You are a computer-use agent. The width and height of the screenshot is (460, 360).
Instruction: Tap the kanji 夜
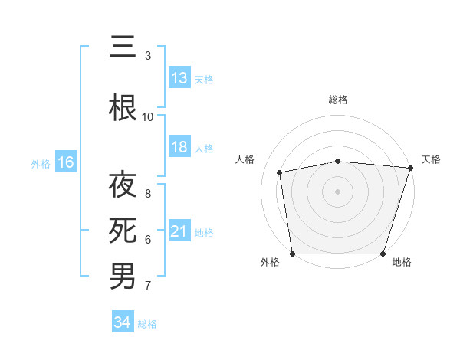coord(123,185)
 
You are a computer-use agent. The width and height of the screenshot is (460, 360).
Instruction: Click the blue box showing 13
coord(179,78)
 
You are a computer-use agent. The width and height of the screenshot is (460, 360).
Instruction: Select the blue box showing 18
coord(179,147)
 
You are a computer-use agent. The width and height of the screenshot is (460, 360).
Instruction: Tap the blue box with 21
coord(179,231)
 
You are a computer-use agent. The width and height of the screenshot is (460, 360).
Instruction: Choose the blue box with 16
coord(66,162)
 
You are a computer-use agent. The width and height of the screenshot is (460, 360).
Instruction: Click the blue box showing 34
coord(122,322)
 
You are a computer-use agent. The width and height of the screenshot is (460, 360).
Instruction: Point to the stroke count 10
coord(148,116)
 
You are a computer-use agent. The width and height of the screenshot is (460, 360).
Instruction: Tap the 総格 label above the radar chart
coord(338,100)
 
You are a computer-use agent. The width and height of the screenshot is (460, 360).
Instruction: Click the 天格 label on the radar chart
coord(431,159)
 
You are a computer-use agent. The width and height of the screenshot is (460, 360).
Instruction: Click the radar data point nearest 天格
coord(410,168)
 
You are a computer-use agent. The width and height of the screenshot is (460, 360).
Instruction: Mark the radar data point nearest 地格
coord(383,254)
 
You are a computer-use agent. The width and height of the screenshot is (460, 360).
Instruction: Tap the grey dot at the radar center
coord(338,191)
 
